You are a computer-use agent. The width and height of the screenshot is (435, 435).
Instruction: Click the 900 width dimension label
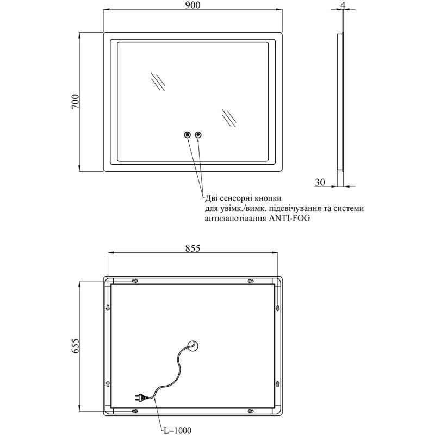click(x=192, y=5)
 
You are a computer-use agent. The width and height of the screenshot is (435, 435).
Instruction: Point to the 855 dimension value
click(x=192, y=248)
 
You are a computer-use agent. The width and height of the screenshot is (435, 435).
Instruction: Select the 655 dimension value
click(x=76, y=346)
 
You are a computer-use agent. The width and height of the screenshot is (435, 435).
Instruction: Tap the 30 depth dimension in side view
click(x=320, y=182)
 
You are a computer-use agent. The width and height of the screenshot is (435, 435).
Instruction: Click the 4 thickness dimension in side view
click(x=343, y=5)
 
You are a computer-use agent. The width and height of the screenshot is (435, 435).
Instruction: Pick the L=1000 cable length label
click(x=176, y=431)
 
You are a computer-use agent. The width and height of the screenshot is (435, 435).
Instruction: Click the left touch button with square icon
click(x=188, y=135)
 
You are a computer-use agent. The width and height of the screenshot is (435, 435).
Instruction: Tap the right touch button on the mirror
click(x=198, y=135)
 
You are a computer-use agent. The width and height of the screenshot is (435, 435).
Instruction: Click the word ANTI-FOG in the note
click(x=289, y=219)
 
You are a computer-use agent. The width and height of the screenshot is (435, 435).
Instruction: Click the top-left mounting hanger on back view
click(x=135, y=281)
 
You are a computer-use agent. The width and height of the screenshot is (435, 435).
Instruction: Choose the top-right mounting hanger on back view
click(x=251, y=281)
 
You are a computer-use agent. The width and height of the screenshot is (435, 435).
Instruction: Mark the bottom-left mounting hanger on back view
click(x=135, y=411)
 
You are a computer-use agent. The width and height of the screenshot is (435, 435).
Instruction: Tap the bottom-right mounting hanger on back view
click(x=251, y=411)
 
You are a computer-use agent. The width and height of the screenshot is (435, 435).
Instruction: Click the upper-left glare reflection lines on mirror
click(x=158, y=81)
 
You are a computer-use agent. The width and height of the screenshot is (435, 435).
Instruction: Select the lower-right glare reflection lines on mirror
click(x=229, y=118)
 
